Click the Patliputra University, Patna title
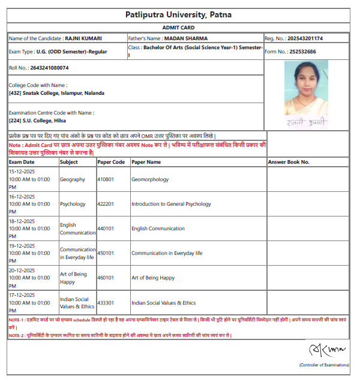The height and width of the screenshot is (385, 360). (x=178, y=14)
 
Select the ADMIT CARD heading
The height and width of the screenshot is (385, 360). (x=178, y=28)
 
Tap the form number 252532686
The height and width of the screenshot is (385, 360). (x=312, y=52)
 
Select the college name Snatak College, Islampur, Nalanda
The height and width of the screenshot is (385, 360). (x=58, y=93)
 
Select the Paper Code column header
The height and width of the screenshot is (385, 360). (x=111, y=162)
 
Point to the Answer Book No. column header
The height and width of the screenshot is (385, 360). (x=289, y=162)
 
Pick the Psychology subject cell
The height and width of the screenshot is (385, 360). (x=73, y=204)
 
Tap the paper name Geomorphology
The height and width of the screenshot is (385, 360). (x=150, y=179)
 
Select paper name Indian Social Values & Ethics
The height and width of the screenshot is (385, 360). (x=163, y=303)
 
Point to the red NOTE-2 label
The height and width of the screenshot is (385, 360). (x=15, y=335)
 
